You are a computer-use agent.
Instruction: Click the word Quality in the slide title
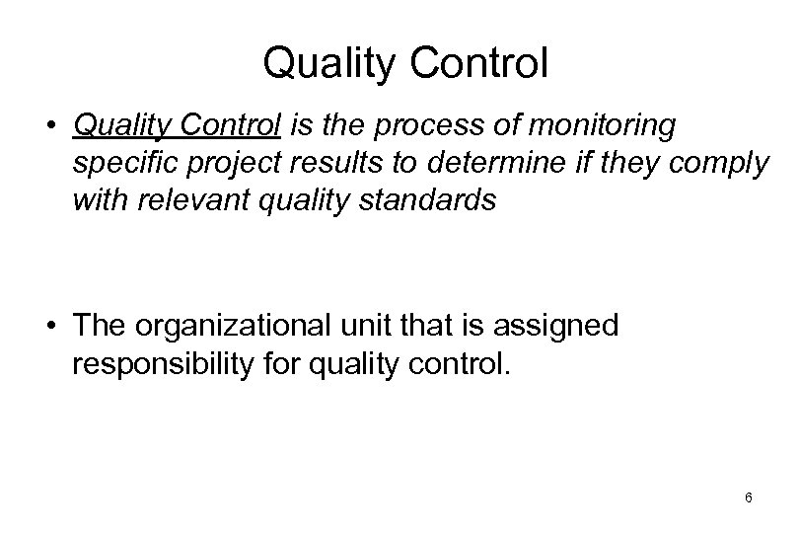322,65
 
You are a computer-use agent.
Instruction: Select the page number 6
750,498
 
